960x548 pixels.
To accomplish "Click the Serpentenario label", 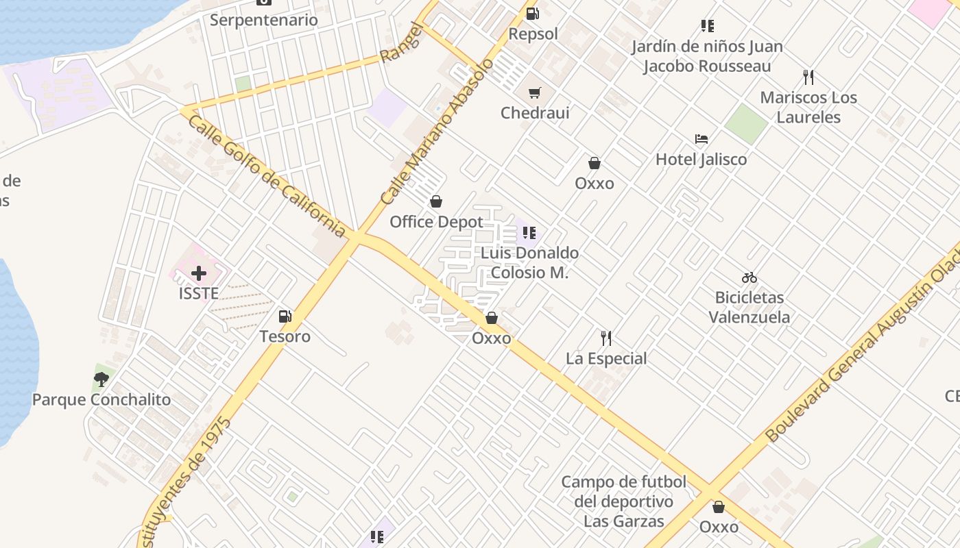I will (x=264, y=20).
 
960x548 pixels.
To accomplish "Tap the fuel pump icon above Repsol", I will (x=533, y=13).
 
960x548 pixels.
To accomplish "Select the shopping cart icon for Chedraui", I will (x=535, y=92).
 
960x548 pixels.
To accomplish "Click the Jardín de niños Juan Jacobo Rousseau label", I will (x=707, y=56).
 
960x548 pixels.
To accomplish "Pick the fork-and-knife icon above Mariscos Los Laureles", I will (x=808, y=77).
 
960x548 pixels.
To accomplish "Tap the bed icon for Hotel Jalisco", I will (x=701, y=139).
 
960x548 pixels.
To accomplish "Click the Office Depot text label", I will (x=436, y=222).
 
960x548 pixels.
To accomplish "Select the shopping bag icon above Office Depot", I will (x=435, y=201).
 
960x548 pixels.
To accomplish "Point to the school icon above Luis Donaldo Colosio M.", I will (x=529, y=233).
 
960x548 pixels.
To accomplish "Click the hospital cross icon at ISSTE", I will (x=199, y=274).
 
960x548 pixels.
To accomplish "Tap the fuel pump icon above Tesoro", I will (x=285, y=316).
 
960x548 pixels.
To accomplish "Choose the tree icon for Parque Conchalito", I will (x=101, y=379).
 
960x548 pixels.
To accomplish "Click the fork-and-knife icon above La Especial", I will (x=606, y=338).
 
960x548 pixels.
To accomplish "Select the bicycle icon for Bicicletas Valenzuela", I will (x=749, y=277).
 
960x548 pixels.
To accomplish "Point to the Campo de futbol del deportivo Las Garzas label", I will (x=623, y=501).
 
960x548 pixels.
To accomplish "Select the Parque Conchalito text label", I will (x=101, y=399).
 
